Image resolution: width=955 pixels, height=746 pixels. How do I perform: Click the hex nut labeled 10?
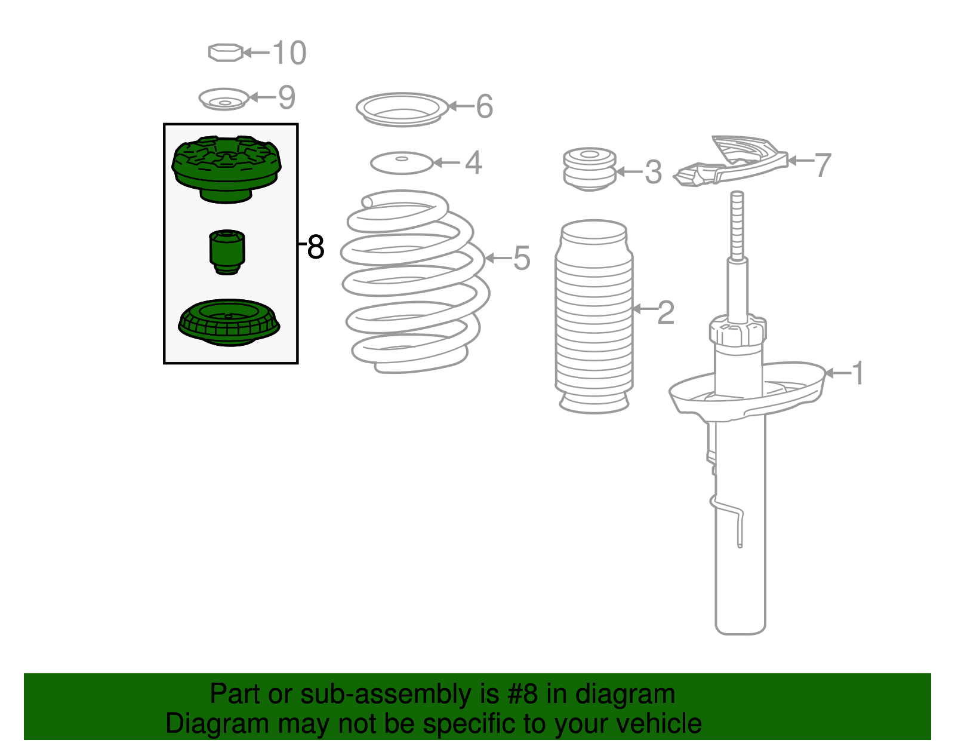[x=225, y=53]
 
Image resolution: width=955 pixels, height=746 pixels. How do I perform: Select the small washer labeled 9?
[x=224, y=99]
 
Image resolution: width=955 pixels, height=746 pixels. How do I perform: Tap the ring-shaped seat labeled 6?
[x=402, y=109]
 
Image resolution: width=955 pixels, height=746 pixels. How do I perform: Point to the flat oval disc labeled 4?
[x=402, y=163]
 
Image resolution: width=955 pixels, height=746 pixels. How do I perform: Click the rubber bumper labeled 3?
[x=590, y=169]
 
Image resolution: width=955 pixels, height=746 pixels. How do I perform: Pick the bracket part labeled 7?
[x=731, y=161]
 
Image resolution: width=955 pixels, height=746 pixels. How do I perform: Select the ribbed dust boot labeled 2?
[x=594, y=317]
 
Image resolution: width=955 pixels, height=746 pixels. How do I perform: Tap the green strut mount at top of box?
[x=226, y=169]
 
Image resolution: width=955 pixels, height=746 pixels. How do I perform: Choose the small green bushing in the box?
[x=227, y=252]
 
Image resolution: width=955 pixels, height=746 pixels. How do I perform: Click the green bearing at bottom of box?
[x=229, y=323]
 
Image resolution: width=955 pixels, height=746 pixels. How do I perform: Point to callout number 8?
[x=316, y=247]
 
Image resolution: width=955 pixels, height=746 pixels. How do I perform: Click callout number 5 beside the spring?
[x=522, y=258]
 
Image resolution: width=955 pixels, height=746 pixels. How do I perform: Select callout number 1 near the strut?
[x=858, y=373]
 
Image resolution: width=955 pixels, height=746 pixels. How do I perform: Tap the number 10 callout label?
[x=289, y=53]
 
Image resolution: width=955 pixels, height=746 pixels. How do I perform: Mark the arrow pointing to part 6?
[x=461, y=106]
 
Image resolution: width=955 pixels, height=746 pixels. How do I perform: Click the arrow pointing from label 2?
[x=644, y=309]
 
